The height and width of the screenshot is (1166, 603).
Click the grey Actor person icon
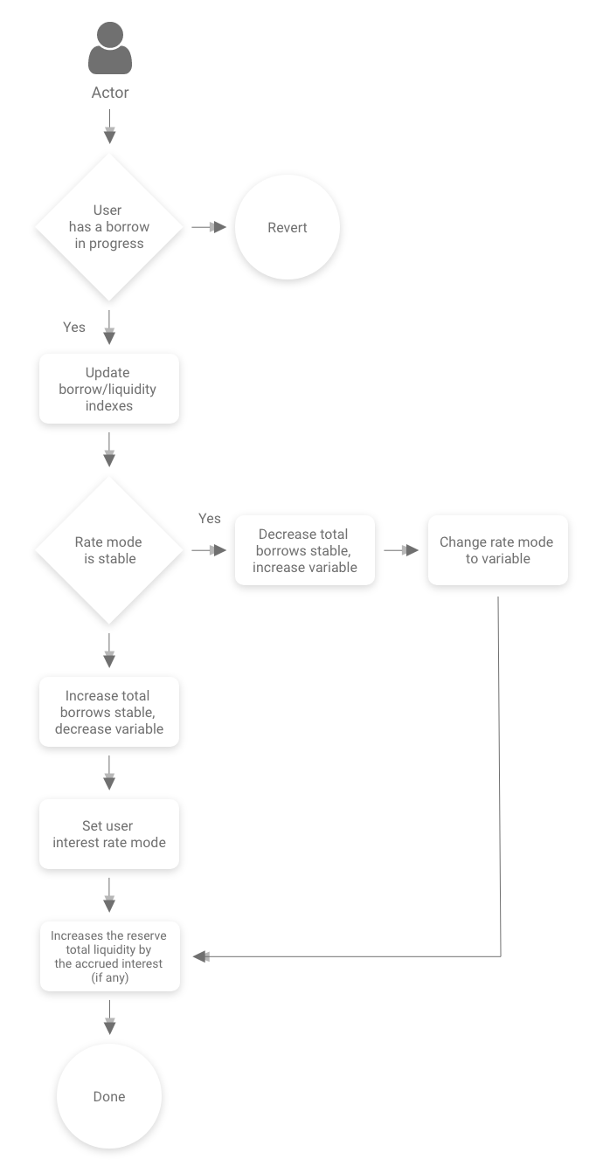[x=109, y=49]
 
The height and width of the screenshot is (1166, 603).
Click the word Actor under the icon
[x=109, y=93]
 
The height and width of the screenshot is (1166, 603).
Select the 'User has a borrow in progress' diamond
[x=109, y=227]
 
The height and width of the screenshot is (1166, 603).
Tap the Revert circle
[x=288, y=227]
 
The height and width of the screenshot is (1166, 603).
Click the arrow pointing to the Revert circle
[x=210, y=227]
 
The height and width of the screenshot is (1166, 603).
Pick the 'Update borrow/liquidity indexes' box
[x=109, y=389]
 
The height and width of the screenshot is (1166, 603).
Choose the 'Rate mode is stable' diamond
[x=109, y=550]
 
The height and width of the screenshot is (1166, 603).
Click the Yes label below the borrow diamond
[x=74, y=327]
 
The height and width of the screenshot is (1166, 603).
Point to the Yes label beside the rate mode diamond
[x=210, y=519]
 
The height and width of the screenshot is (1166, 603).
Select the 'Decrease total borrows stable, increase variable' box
[x=304, y=550]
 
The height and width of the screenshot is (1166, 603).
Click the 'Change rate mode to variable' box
[x=497, y=550]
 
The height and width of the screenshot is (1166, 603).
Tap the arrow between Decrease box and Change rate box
[x=401, y=550]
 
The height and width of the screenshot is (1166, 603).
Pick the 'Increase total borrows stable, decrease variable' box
[x=109, y=712]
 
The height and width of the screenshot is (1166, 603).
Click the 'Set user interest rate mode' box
[x=109, y=834]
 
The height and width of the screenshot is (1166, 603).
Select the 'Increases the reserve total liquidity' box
[x=109, y=956]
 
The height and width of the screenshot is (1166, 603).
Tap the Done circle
[x=109, y=1096]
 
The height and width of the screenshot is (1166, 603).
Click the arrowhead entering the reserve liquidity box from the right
[x=201, y=956]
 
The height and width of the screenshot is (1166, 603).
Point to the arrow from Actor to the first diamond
[x=109, y=133]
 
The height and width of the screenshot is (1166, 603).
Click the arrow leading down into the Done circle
[x=109, y=1018]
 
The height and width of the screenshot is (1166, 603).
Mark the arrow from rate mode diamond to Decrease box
[x=210, y=550]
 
